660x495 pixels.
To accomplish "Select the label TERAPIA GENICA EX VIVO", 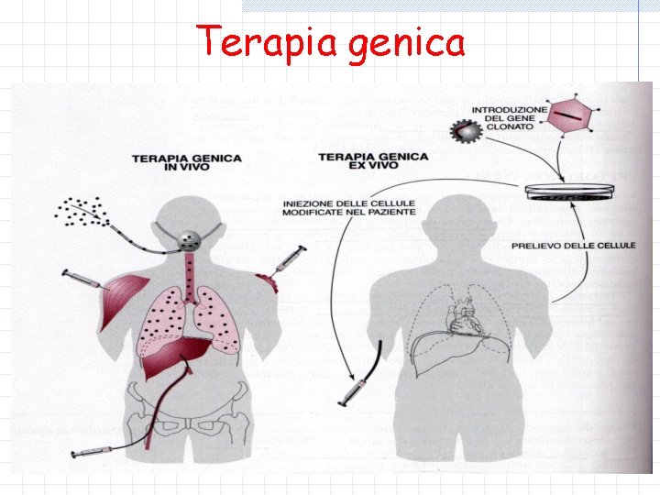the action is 373,162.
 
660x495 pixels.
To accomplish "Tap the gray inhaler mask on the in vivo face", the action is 190,240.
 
